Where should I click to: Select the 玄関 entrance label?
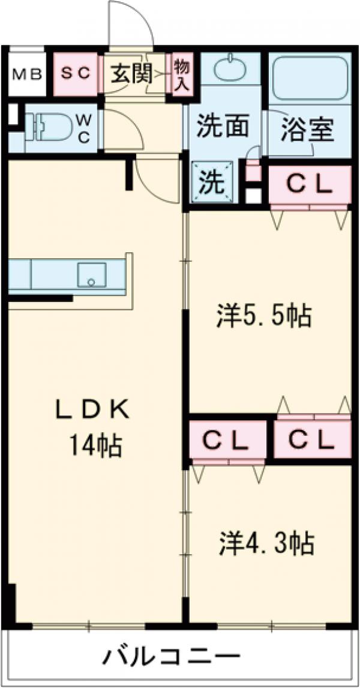(x=130, y=74)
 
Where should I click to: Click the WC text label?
(x=83, y=128)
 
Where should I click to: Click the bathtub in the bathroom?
(x=310, y=76)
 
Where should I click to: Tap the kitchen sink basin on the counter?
(x=91, y=275)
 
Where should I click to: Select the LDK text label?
(x=93, y=410)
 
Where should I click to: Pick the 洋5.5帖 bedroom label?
(x=264, y=315)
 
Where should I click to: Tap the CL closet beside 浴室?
(x=309, y=185)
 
